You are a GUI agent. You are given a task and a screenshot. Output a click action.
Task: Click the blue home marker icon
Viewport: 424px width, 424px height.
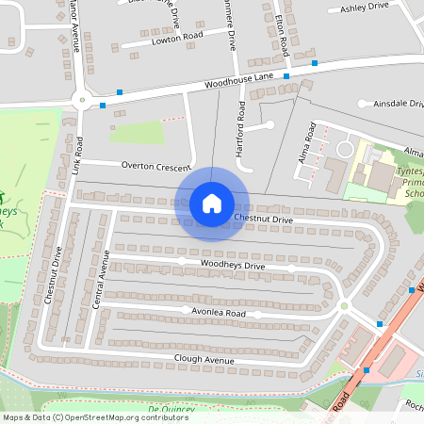coord(212,203)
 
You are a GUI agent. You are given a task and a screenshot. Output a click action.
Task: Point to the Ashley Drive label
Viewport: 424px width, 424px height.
coord(364,7)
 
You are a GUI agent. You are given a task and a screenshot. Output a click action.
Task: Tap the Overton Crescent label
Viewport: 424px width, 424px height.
coord(156,165)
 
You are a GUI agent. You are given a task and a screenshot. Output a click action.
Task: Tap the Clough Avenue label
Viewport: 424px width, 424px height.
coord(204,360)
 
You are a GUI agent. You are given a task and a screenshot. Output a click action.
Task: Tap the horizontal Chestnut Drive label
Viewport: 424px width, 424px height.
coord(263,220)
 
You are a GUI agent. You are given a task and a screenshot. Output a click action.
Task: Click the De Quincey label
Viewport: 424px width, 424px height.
coord(171,409)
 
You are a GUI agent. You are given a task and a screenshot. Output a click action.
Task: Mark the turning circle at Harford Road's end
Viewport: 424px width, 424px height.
coord(269,124)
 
